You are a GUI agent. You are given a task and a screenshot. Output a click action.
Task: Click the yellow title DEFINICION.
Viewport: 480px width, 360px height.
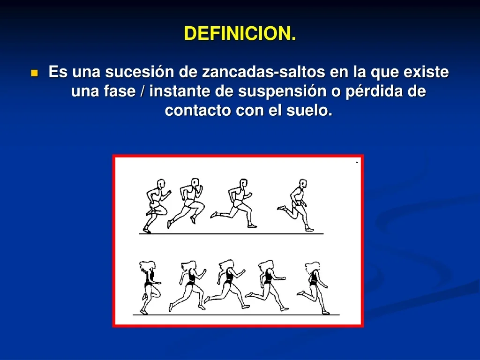point(240,33)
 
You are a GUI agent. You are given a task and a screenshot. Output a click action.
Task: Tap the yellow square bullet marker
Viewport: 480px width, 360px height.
point(35,73)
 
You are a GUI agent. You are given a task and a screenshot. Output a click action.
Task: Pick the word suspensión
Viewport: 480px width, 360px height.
point(281,92)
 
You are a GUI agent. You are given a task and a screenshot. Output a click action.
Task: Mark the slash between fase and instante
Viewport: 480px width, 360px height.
point(142,91)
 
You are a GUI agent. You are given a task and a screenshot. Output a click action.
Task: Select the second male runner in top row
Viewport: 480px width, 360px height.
point(186,203)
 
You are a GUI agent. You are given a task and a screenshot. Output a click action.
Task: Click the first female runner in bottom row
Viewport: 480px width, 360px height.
point(150,287)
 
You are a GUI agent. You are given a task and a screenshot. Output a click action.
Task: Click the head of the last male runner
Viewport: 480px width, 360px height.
point(302,184)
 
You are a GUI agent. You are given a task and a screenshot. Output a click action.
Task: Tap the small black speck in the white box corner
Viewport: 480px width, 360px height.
point(357,162)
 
